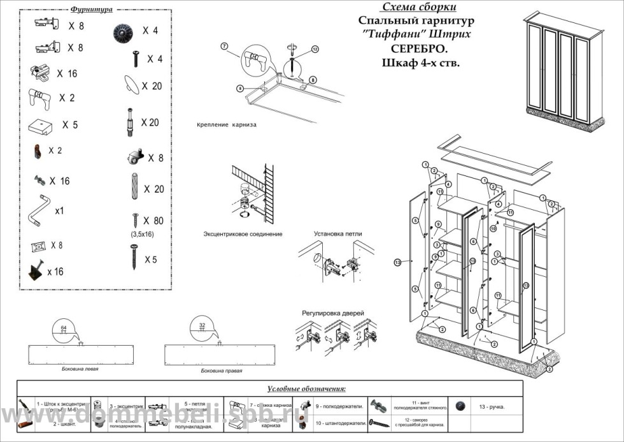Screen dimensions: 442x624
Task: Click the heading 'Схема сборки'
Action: [418, 8]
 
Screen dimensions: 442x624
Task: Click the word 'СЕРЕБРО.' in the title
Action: [417, 48]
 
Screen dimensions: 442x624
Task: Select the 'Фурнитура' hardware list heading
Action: [92, 10]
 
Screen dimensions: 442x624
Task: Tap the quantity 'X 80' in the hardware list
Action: [153, 221]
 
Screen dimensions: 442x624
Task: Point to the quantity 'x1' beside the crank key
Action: [60, 210]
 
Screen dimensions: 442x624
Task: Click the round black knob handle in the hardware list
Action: [122, 31]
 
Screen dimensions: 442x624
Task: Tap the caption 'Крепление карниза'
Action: [227, 124]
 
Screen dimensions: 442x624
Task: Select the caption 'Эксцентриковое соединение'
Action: [243, 234]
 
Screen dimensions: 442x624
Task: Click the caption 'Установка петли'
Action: [337, 233]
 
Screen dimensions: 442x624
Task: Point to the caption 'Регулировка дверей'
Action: [332, 314]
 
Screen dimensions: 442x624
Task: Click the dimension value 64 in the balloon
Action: [63, 327]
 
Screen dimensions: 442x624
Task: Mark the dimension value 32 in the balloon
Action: [202, 325]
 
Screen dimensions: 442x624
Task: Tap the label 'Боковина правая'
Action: [221, 371]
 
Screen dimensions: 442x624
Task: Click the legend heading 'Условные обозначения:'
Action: [306, 388]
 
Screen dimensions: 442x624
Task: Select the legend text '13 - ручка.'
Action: [492, 407]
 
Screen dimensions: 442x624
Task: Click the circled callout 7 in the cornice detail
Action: [224, 46]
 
